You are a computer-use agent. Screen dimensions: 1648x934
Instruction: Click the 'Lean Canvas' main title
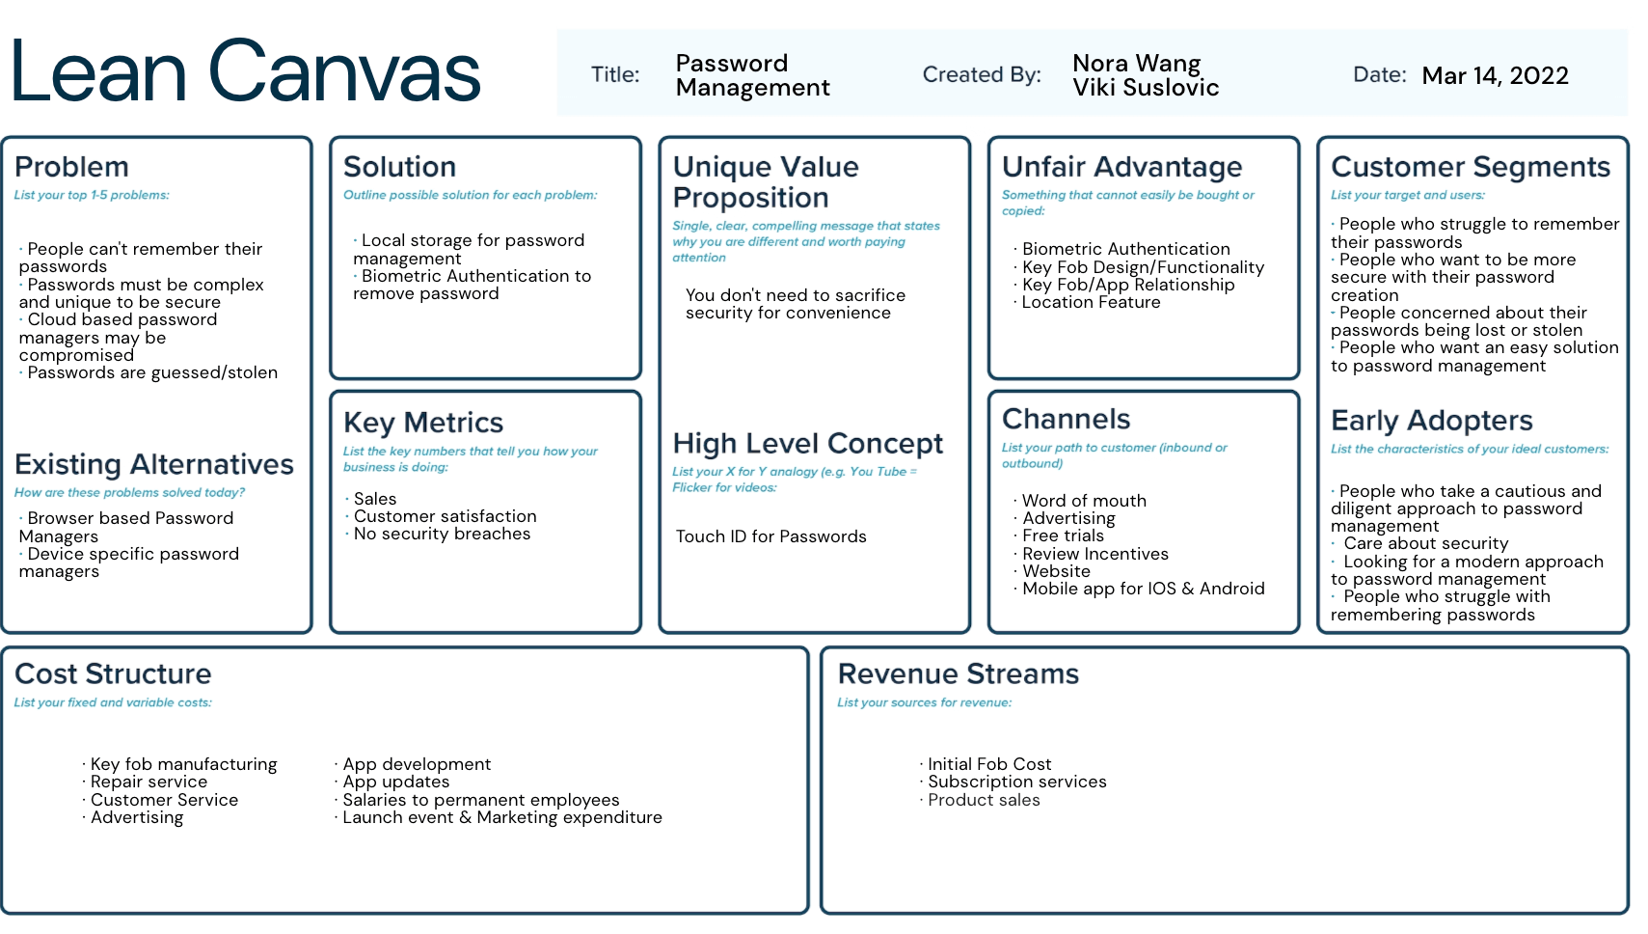tap(245, 72)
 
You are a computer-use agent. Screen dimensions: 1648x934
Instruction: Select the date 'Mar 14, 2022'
tap(1495, 75)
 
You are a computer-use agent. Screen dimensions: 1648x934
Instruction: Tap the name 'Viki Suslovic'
tap(1146, 88)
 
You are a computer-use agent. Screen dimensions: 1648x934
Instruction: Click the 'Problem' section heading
tap(71, 167)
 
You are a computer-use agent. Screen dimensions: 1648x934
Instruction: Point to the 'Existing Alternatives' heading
tap(153, 464)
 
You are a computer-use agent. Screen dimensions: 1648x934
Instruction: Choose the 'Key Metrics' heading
tap(423, 423)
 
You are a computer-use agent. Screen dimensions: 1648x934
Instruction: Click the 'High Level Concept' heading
tap(807, 443)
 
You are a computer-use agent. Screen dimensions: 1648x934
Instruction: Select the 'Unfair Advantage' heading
tap(1121, 167)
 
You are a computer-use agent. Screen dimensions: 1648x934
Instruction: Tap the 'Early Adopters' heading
tap(1432, 421)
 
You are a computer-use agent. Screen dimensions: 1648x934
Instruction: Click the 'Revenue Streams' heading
tap(958, 674)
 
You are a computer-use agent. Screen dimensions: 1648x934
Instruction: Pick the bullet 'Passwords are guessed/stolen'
tap(149, 372)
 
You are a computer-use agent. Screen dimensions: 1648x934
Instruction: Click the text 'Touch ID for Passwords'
tap(771, 536)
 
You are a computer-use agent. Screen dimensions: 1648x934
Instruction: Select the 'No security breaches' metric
tap(439, 534)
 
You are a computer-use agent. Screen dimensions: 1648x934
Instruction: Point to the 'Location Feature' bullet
tap(1088, 303)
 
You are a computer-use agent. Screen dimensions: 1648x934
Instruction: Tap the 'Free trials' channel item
tap(1060, 536)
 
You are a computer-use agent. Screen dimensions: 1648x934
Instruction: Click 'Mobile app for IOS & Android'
tap(1140, 589)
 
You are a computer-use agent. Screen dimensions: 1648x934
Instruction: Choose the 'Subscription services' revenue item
tap(1013, 782)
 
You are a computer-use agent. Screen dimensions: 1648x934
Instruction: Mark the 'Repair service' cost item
tap(145, 782)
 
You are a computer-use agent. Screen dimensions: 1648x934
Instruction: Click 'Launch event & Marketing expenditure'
tap(499, 817)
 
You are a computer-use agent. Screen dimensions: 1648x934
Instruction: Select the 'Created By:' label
tap(982, 74)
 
